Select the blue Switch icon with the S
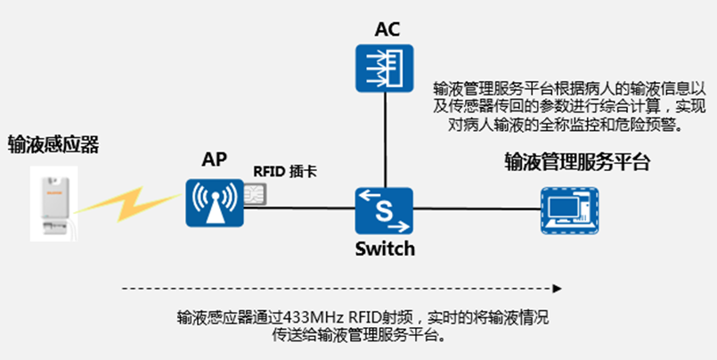[x=385, y=211]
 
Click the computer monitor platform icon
[x=567, y=211]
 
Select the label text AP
[x=214, y=160]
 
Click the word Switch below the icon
[x=385, y=250]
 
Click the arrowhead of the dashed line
[x=558, y=288]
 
